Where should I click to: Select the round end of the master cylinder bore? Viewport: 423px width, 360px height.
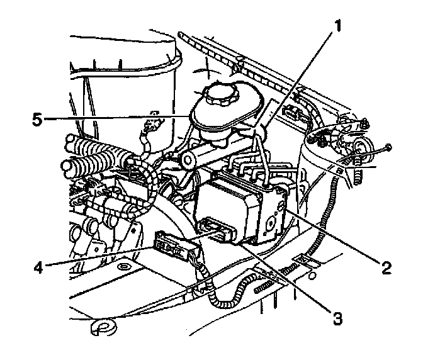point(188,160)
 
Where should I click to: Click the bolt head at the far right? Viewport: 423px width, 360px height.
point(388,147)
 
